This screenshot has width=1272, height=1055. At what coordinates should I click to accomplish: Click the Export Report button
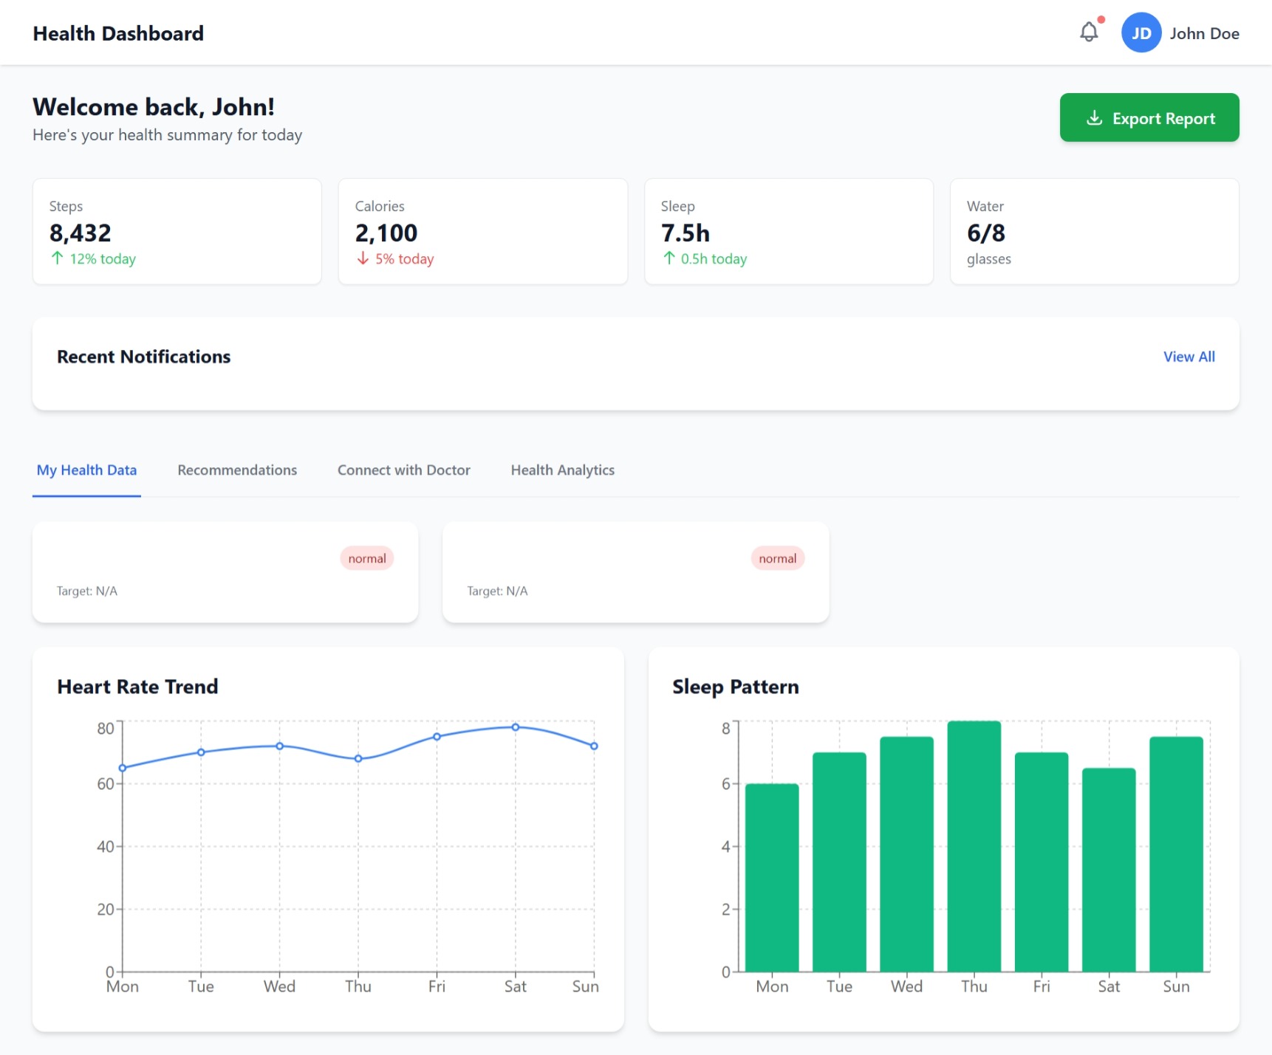(1149, 118)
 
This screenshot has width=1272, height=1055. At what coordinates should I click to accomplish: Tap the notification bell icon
(1089, 32)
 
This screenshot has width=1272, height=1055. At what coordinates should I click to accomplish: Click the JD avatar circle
(1141, 33)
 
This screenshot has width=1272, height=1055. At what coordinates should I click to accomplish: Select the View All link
(1189, 357)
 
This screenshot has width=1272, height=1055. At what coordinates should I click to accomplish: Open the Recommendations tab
(237, 470)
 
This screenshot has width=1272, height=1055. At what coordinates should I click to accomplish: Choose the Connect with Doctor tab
(403, 470)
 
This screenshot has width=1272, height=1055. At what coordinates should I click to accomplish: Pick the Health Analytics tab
(562, 470)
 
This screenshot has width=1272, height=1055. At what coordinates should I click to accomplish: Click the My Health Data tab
(86, 470)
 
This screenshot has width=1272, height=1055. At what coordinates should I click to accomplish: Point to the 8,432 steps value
(80, 233)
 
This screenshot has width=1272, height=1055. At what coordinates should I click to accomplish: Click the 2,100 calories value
(386, 233)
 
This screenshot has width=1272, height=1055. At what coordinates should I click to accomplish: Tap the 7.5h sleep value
(685, 233)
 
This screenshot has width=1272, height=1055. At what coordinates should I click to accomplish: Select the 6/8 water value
(985, 233)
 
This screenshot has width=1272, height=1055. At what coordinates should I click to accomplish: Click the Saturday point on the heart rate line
(516, 727)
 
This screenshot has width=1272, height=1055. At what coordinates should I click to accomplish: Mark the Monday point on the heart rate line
(123, 768)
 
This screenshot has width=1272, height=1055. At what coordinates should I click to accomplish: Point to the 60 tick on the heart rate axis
(106, 784)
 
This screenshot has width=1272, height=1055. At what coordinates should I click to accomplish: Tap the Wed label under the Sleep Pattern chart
(906, 986)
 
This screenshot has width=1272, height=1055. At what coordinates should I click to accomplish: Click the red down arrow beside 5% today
(363, 258)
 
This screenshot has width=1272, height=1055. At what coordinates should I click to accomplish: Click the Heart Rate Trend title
(137, 687)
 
